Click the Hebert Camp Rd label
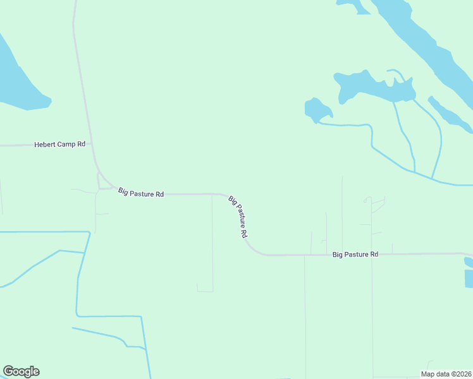pyautogui.click(x=59, y=145)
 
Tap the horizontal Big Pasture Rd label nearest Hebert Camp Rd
pyautogui.click(x=141, y=193)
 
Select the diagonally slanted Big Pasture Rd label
pyautogui.click(x=238, y=216)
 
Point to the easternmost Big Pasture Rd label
pyautogui.click(x=355, y=254)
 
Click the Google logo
pyautogui.click(x=21, y=371)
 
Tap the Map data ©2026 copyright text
pyautogui.click(x=446, y=374)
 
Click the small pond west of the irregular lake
pyautogui.click(x=317, y=109)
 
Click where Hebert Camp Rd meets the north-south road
pyautogui.click(x=92, y=145)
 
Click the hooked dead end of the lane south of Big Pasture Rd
pyautogui.click(x=199, y=289)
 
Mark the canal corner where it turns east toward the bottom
pyautogui.click(x=77, y=314)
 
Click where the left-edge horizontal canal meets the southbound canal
pyautogui.click(x=89, y=232)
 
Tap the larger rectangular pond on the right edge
pyautogui.click(x=469, y=278)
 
